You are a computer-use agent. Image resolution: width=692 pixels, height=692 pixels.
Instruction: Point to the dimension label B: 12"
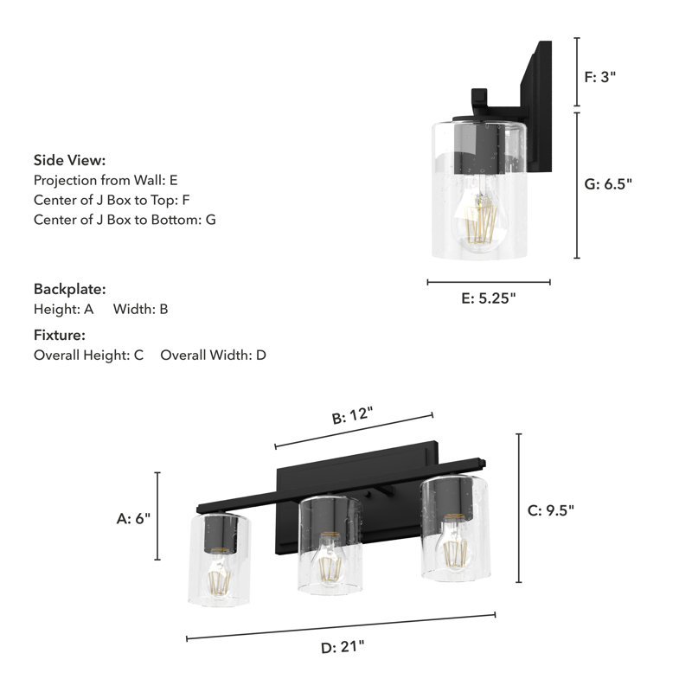pos(353,416)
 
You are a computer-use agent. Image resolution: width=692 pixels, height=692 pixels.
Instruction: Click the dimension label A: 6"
pos(133,518)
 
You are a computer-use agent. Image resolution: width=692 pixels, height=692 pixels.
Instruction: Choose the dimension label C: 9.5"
pos(550,509)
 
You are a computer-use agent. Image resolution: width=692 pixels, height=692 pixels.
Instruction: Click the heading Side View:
pos(69,160)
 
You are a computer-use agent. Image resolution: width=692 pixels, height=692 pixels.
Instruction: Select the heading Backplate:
pos(69,289)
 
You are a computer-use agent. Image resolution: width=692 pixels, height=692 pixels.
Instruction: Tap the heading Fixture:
pos(60,335)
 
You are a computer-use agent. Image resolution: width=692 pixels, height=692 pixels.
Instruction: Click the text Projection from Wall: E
pos(106,180)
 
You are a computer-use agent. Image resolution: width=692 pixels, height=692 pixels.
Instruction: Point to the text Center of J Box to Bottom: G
pos(125,220)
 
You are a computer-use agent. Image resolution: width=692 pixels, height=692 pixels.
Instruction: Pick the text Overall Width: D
pos(213,355)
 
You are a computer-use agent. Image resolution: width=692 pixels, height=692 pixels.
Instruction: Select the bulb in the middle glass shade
pos(327,555)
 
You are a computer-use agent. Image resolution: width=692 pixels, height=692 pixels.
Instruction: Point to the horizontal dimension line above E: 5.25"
pos(489,282)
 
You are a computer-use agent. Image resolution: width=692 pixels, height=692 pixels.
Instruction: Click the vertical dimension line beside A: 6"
pos(157,516)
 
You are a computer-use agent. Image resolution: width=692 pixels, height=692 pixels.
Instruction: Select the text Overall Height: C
pos(88,355)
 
